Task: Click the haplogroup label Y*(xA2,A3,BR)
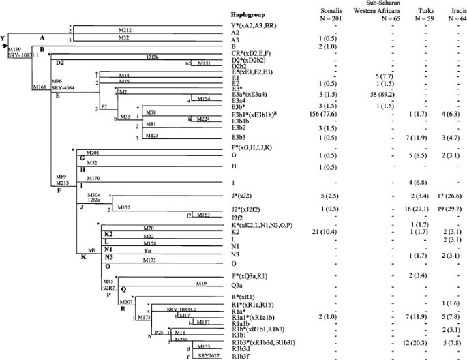pos(259,25)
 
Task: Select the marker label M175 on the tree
pos(151,261)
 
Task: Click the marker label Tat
pos(147,250)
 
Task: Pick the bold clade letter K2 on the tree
pos(108,233)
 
